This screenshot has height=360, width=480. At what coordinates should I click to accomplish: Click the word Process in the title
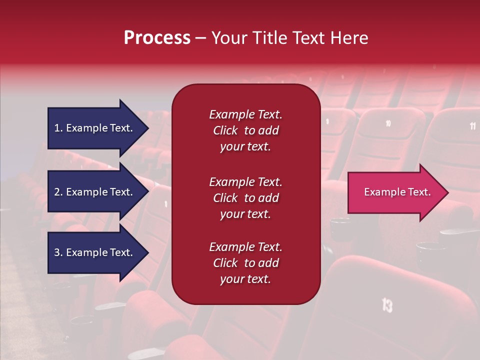coord(157,38)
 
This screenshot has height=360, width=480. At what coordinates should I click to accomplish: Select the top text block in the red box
coord(245,130)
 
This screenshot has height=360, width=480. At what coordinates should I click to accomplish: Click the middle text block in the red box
coord(245,198)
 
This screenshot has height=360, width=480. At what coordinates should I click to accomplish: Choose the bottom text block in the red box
coord(245,263)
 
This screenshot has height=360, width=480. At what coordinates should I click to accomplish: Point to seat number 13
coord(387,304)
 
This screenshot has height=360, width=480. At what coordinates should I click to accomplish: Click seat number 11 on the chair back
coord(472,126)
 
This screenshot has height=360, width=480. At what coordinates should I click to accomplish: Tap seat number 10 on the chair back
coord(388,123)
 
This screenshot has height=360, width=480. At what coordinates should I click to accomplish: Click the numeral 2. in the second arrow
coord(58,192)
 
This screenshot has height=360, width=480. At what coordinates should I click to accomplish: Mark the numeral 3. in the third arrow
coord(58,252)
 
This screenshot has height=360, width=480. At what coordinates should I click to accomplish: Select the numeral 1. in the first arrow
coord(58,128)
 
